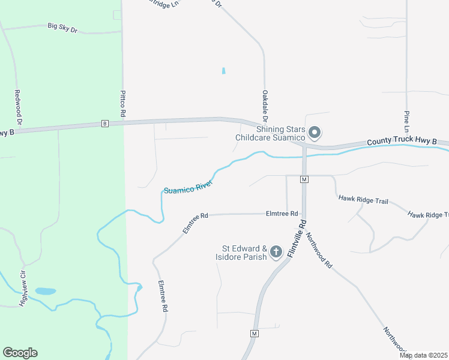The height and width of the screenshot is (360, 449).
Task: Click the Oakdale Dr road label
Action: (x=264, y=104)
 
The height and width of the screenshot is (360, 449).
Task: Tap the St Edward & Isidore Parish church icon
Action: (x=276, y=252)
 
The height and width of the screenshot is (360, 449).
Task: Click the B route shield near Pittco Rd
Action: (x=105, y=124)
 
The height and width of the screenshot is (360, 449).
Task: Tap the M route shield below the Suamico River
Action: (x=304, y=179)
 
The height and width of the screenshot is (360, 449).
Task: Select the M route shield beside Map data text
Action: (x=255, y=333)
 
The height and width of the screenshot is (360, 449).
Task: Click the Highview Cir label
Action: (x=23, y=288)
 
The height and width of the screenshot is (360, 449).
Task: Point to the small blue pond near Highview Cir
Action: (x=45, y=291)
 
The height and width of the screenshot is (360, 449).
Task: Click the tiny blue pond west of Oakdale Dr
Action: (x=224, y=71)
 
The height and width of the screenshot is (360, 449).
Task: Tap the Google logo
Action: (x=20, y=353)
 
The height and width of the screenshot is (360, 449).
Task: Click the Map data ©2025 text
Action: (x=423, y=355)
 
